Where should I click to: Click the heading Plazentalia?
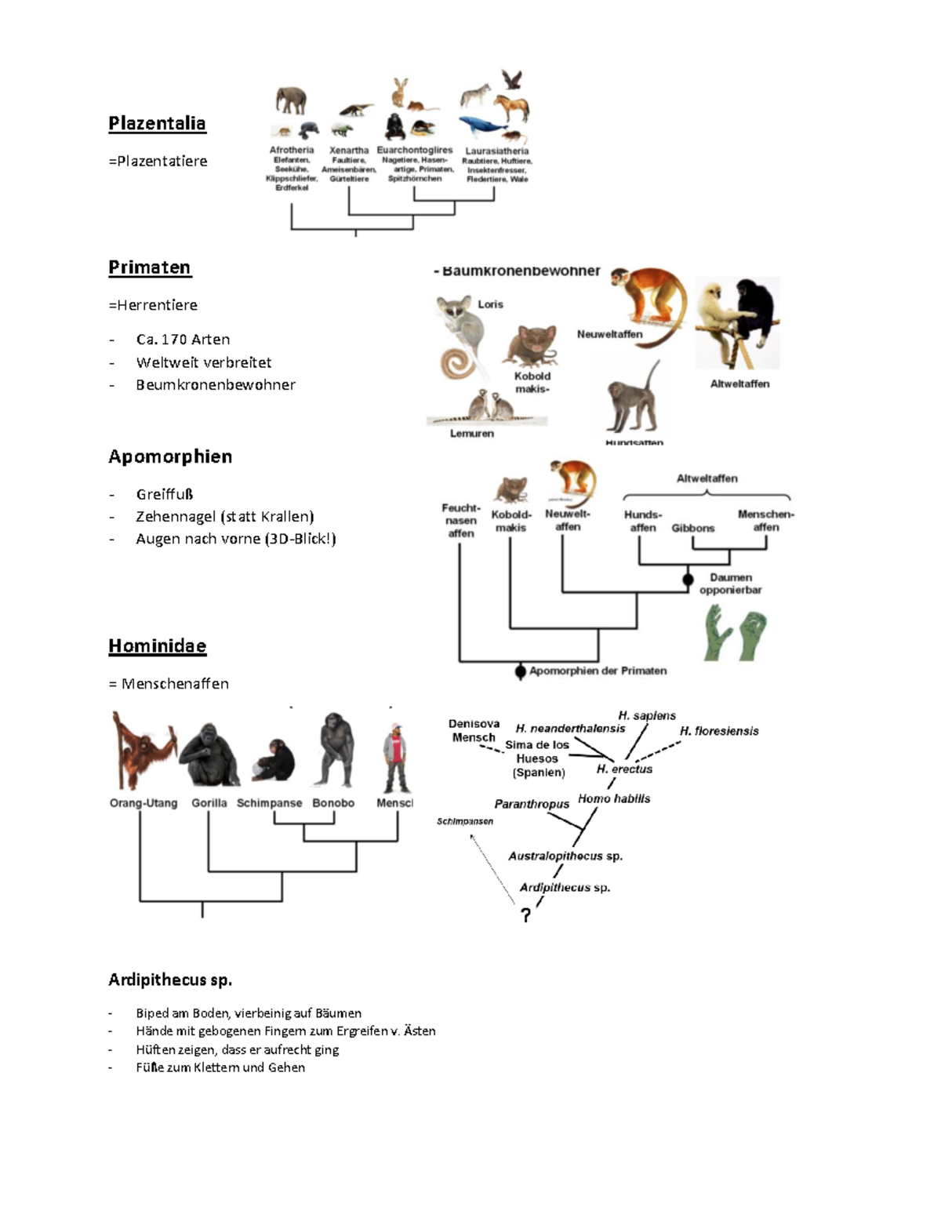click(157, 123)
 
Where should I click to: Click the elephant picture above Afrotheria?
click(290, 100)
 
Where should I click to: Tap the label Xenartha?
click(349, 150)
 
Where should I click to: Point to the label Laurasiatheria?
click(497, 151)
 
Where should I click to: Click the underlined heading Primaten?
click(149, 267)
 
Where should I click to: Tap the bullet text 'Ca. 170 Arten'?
click(183, 340)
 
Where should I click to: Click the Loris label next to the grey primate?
click(490, 304)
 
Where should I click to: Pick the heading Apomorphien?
click(170, 456)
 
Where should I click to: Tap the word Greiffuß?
click(165, 494)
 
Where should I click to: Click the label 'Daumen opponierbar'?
click(730, 584)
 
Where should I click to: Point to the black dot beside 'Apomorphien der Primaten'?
click(520, 671)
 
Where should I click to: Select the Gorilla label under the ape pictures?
click(209, 803)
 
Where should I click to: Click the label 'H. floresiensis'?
click(719, 731)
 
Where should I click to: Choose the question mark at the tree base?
click(526, 914)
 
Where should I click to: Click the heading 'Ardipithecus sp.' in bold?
click(170, 980)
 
